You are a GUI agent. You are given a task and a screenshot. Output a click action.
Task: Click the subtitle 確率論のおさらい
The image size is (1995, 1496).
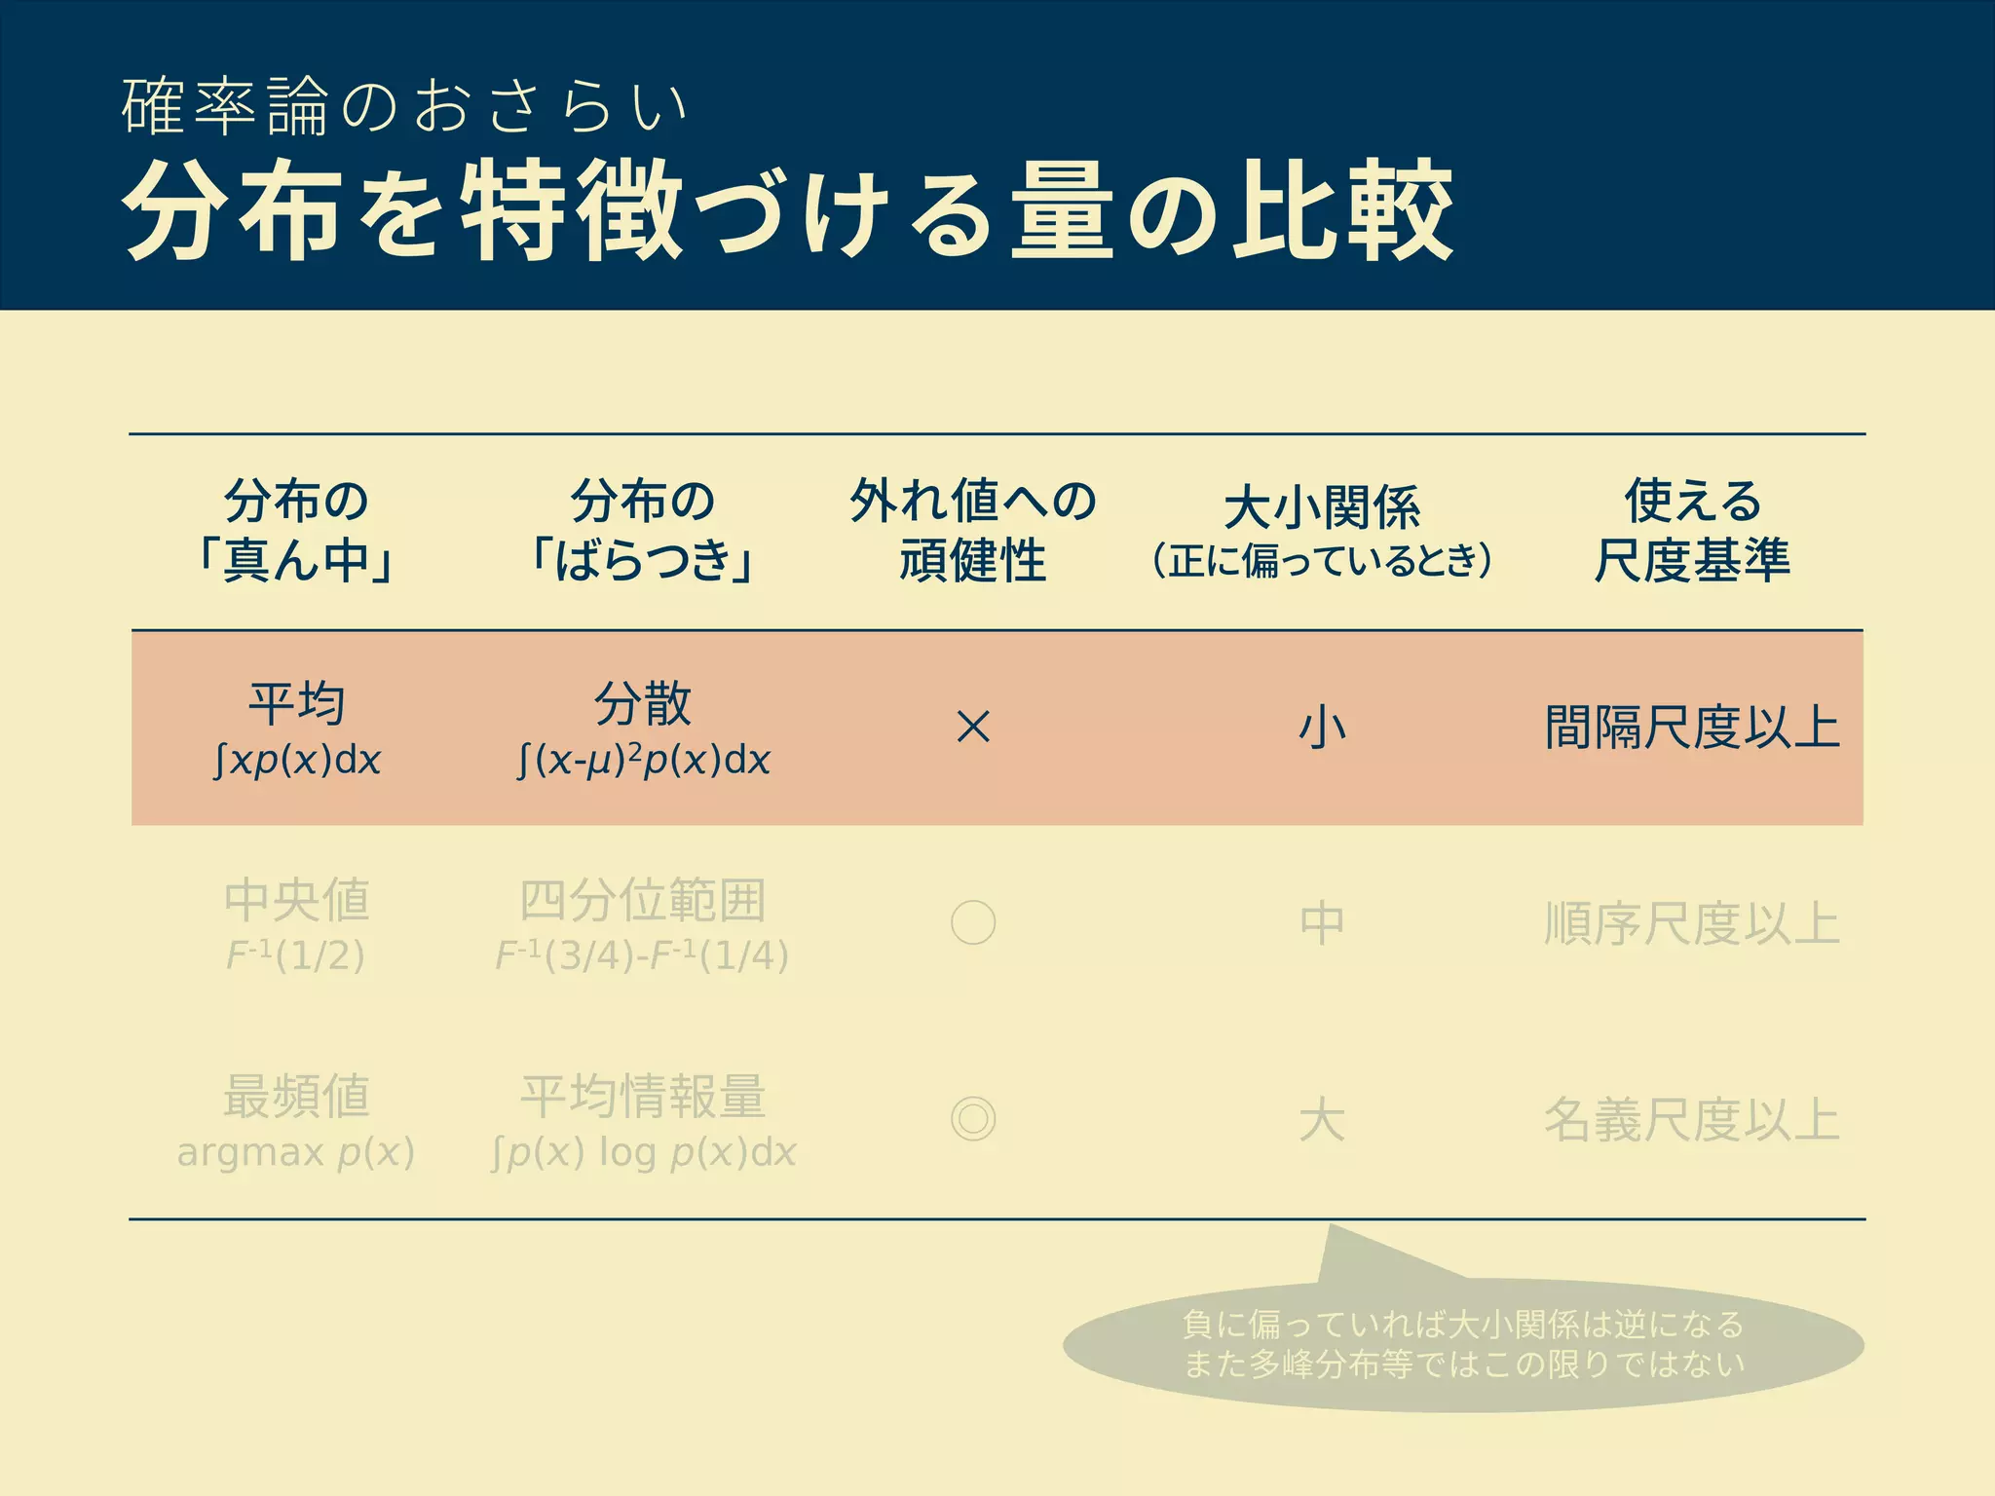coord(405,107)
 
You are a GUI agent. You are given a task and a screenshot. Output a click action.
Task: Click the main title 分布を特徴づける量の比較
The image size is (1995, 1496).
coord(787,210)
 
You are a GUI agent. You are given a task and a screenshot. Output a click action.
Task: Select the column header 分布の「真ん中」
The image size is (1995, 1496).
coord(296,531)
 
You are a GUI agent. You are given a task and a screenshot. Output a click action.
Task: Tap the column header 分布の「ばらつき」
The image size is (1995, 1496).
coord(642,531)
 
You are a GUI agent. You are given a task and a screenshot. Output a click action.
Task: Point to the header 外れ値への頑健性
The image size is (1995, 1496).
coord(972,531)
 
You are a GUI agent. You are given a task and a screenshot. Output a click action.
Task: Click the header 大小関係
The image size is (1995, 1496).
coord(1322,507)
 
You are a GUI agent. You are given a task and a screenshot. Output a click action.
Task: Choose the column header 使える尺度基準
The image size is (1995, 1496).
coord(1692,531)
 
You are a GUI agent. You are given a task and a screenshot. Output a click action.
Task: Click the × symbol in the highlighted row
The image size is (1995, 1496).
coord(973,728)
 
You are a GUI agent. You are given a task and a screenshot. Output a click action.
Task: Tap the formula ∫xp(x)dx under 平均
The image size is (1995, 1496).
coord(297,761)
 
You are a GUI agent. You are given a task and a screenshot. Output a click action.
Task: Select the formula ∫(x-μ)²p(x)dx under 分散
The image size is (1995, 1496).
coord(643,761)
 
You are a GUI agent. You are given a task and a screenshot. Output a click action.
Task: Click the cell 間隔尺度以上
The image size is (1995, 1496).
coord(1692,728)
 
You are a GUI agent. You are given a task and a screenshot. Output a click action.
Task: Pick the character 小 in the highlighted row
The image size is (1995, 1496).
coord(1322,728)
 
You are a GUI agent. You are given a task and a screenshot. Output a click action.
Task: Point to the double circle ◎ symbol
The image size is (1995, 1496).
coord(973,1119)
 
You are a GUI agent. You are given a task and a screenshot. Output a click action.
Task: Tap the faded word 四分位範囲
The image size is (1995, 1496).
coord(643,900)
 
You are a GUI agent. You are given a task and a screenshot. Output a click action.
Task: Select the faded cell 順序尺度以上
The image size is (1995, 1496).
coord(1692,923)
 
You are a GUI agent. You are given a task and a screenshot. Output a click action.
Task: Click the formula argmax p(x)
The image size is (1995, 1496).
coord(296,1153)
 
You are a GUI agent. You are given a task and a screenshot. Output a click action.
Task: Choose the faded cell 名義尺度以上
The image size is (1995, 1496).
coord(1692,1119)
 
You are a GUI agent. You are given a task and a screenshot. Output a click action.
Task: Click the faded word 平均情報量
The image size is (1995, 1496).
coord(643,1096)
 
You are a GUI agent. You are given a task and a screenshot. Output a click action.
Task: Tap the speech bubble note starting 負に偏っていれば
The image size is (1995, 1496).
coord(1463,1345)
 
